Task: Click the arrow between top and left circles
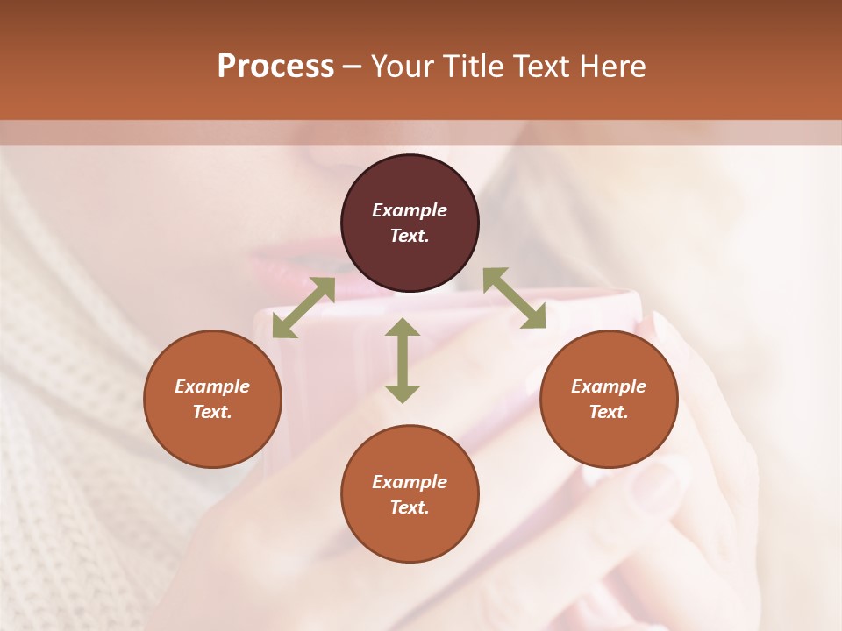pyautogui.click(x=303, y=308)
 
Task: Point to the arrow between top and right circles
pyautogui.click(x=514, y=298)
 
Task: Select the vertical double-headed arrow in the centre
pyautogui.click(x=403, y=360)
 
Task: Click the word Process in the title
pyautogui.click(x=275, y=66)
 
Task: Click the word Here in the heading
pyautogui.click(x=611, y=66)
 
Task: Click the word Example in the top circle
pyautogui.click(x=410, y=210)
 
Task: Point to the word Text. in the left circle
pyautogui.click(x=212, y=412)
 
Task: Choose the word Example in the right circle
pyautogui.click(x=609, y=386)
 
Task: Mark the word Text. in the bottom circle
pyautogui.click(x=410, y=507)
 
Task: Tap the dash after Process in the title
pyautogui.click(x=352, y=67)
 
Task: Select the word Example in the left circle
pyautogui.click(x=212, y=386)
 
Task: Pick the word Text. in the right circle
pyautogui.click(x=609, y=412)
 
